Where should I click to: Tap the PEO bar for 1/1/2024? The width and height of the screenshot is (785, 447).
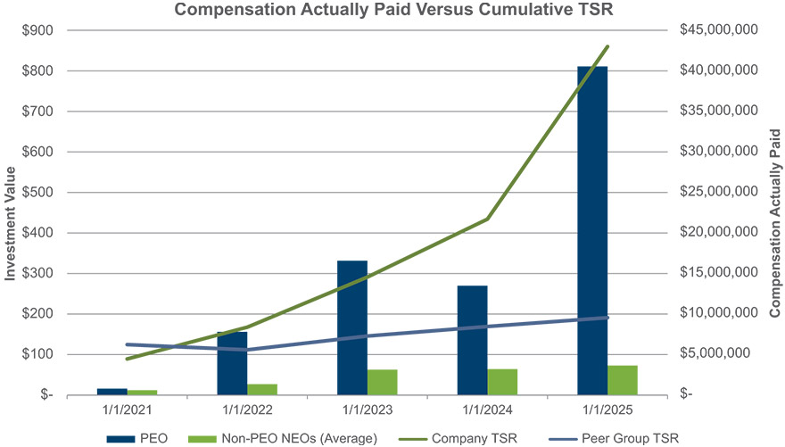[472, 340]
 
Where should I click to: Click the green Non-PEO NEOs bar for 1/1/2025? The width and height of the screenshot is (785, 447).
[623, 379]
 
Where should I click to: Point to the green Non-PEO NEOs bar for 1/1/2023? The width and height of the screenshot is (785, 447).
[382, 382]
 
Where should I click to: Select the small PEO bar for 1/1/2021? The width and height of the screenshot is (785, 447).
[112, 392]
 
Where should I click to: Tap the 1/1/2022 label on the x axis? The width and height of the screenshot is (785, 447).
[247, 411]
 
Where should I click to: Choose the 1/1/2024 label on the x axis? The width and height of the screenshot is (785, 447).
[487, 411]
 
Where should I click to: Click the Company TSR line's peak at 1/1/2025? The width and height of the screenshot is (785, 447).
[607, 46]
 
